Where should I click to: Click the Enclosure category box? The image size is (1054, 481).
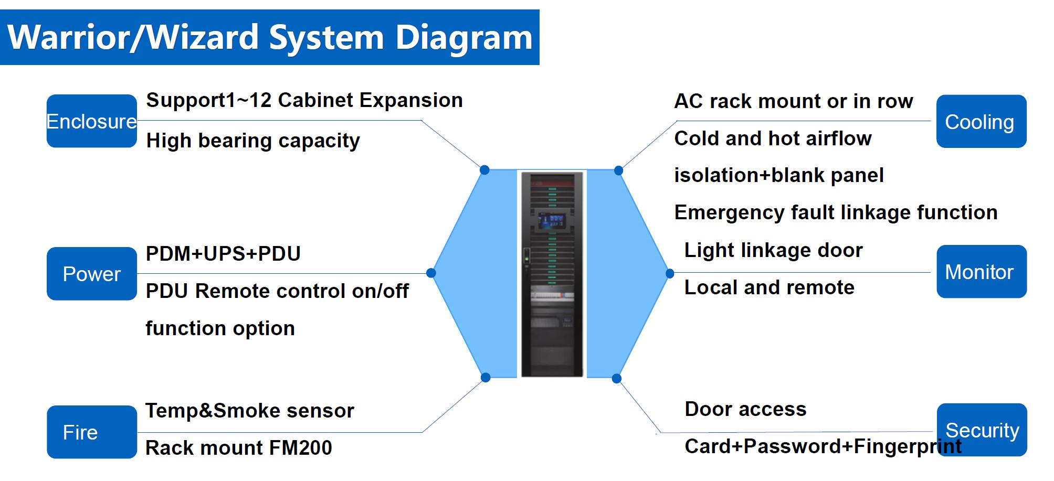click(x=91, y=121)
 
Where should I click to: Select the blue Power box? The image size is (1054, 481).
click(x=91, y=274)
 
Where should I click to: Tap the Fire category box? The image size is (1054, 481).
click(x=91, y=432)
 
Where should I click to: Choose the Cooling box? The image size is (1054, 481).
click(x=981, y=122)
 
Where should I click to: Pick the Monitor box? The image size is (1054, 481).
click(x=981, y=272)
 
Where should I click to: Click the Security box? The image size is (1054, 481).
click(x=982, y=430)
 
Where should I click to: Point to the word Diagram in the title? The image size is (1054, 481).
click(x=463, y=38)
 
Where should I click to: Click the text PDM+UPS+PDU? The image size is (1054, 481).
click(x=223, y=254)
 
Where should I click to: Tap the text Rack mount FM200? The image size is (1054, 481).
click(x=238, y=448)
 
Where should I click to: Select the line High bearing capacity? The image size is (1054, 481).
click(x=253, y=141)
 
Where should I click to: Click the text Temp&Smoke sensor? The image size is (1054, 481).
click(x=249, y=411)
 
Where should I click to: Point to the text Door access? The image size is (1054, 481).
click(x=745, y=409)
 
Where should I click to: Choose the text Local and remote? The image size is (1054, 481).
click(x=769, y=287)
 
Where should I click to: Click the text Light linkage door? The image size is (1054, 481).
click(x=773, y=250)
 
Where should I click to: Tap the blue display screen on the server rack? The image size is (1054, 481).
click(x=552, y=220)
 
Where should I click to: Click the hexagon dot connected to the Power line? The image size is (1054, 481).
click(x=431, y=273)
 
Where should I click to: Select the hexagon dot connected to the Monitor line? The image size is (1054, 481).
click(x=670, y=273)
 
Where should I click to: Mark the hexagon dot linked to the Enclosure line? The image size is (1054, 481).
click(x=484, y=170)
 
